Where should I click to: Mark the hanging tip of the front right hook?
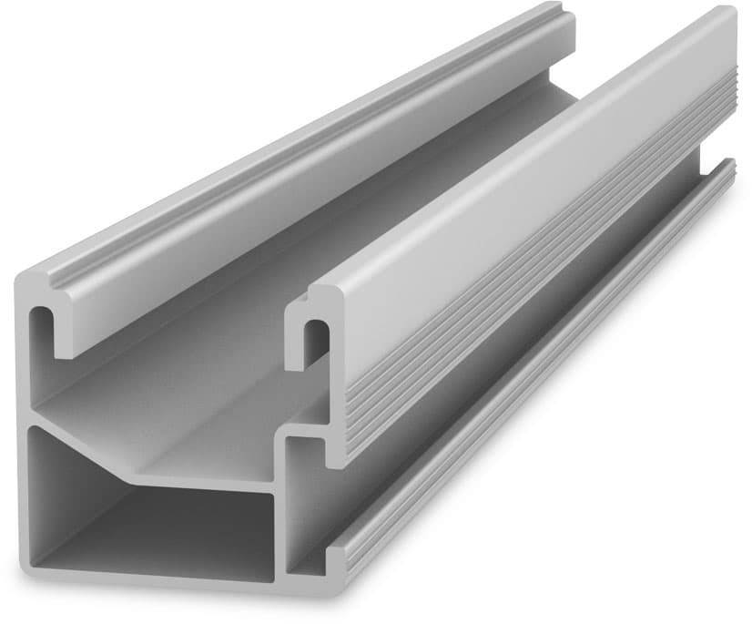click(x=299, y=360)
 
